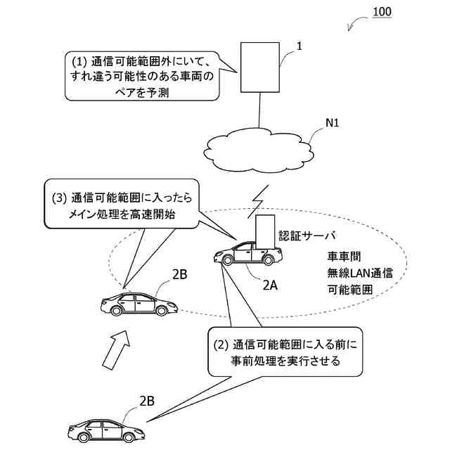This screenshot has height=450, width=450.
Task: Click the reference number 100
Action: (382, 12)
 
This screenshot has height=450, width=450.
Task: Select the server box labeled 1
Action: (260, 67)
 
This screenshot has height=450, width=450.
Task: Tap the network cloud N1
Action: (258, 150)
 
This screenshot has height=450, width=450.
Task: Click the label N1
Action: (333, 123)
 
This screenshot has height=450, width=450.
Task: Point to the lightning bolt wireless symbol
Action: (259, 201)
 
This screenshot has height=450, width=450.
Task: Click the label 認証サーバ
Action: (307, 236)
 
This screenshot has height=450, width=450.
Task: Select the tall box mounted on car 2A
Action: (265, 231)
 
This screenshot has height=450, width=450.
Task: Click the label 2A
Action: (270, 285)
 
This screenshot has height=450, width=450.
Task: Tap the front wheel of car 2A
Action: (227, 260)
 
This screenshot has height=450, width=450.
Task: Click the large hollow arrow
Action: (116, 350)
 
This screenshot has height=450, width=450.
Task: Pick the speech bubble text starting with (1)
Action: (142, 77)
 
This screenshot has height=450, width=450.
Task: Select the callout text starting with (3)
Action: (122, 205)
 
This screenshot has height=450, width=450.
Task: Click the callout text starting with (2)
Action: (285, 352)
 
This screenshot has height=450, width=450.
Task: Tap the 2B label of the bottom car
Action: (147, 401)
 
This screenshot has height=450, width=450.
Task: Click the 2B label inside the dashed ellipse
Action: (180, 274)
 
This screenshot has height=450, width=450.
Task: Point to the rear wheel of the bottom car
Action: (128, 437)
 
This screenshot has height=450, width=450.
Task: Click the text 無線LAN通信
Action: (360, 273)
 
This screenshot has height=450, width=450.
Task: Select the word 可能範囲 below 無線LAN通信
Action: (350, 290)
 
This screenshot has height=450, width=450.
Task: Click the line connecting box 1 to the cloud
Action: (259, 110)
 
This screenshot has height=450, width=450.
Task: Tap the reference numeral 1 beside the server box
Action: (300, 46)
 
